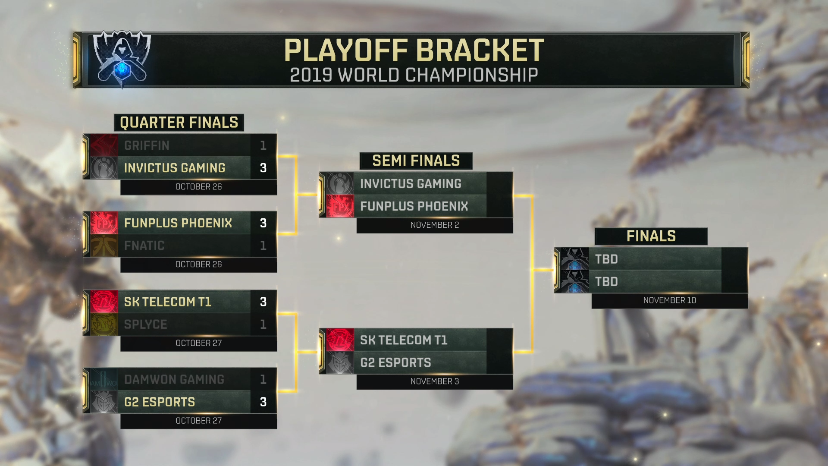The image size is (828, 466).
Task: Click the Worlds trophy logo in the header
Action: coord(122,58)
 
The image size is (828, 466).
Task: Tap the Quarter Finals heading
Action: coord(179,123)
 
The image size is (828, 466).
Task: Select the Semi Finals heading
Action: coord(416,161)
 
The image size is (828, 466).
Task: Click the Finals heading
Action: coord(651,236)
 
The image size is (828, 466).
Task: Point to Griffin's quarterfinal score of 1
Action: coord(263,145)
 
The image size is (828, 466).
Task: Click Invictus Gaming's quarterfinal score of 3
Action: coord(263,168)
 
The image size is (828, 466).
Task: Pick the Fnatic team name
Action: coord(144,246)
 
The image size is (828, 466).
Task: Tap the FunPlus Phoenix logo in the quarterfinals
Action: coord(104,223)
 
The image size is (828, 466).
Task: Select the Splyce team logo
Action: coord(104,324)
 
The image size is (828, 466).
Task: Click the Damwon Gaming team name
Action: coord(174,379)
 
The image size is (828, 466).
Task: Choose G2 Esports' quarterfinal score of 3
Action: coord(263,402)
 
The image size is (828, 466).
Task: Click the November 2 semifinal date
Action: coord(434,225)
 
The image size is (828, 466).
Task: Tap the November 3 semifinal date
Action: coord(434,381)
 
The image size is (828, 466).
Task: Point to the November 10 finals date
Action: coord(669,300)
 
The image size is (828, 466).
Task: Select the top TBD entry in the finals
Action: coord(607,259)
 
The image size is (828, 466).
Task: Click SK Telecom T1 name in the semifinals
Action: coord(404,340)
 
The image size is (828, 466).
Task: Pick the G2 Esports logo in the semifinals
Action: coord(340,362)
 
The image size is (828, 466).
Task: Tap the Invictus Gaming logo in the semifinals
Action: coord(340,183)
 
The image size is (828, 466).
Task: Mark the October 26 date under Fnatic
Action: coord(198,264)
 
